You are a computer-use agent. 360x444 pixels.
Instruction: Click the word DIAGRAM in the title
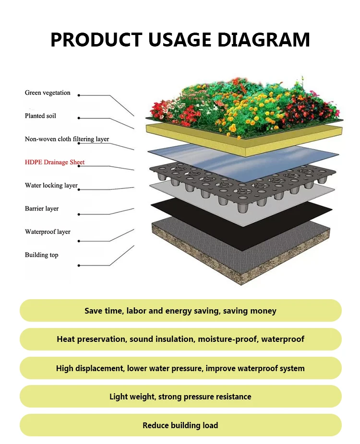[x=264, y=39]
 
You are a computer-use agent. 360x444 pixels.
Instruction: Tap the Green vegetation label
[x=48, y=93]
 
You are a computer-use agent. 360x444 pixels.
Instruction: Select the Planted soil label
[x=40, y=116]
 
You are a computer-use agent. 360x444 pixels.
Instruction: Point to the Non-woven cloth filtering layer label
[x=67, y=139]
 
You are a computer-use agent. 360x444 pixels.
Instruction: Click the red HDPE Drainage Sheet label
[x=54, y=162]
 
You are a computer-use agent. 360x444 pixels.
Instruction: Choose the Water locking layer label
[x=51, y=185]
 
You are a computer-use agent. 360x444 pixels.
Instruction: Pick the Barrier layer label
[x=42, y=209]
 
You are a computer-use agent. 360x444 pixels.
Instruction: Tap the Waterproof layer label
[x=48, y=232]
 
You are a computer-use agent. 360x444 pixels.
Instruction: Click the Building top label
[x=41, y=255]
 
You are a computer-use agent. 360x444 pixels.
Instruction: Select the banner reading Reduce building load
[x=180, y=425]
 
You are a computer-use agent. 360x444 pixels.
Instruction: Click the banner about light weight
[x=180, y=397]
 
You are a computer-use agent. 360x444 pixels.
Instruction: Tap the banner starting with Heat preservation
[x=180, y=339]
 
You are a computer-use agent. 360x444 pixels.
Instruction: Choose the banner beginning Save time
[x=180, y=311]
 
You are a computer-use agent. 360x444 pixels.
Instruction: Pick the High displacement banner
[x=180, y=368]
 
